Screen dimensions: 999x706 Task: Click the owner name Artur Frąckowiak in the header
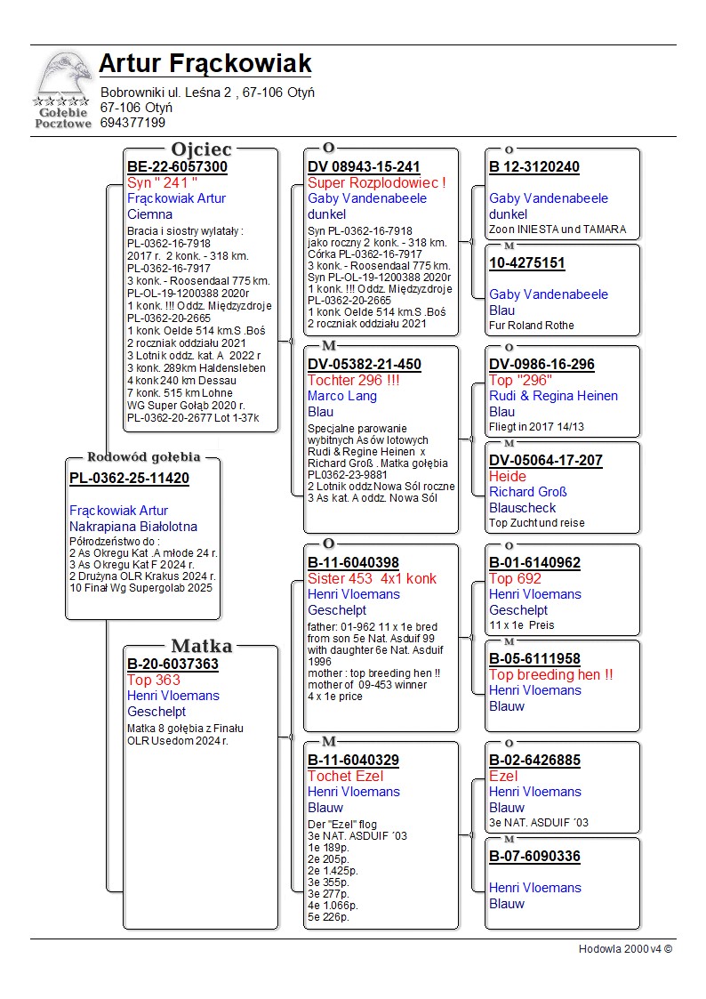click(205, 64)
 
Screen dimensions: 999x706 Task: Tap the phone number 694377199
click(132, 123)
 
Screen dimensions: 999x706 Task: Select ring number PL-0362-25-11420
click(129, 479)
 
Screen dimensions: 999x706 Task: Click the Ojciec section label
click(201, 149)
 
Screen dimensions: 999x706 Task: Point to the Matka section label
click(201, 647)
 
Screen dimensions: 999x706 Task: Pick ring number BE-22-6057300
click(177, 167)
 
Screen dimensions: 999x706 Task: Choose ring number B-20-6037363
click(172, 665)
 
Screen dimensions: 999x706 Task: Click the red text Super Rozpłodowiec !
click(376, 183)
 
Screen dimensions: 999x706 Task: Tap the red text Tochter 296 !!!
click(354, 381)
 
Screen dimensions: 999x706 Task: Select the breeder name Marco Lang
click(342, 397)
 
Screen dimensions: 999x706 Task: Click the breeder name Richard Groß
click(528, 492)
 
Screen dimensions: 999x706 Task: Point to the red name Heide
click(508, 477)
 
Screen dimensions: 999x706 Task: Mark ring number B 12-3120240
click(534, 167)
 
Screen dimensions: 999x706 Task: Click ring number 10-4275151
click(527, 263)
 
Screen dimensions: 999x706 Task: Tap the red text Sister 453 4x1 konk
click(372, 579)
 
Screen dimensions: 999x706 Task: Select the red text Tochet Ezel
click(345, 777)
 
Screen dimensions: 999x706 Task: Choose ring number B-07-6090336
click(534, 858)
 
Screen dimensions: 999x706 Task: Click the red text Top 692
click(515, 579)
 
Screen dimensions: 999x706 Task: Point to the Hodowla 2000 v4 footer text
click(625, 949)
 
